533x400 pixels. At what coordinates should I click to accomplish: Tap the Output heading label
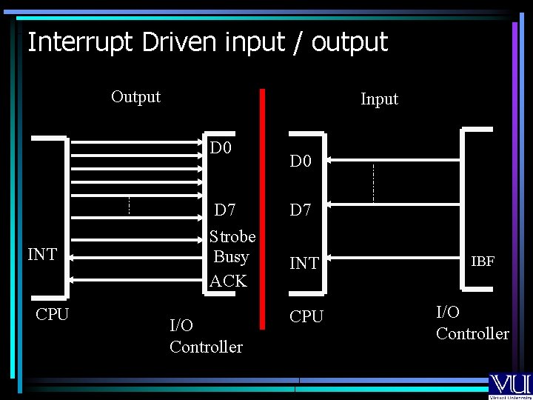(x=135, y=96)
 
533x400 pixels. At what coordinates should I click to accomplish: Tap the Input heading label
(x=379, y=99)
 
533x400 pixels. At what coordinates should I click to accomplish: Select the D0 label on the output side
(x=221, y=148)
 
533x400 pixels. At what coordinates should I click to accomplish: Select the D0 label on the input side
(x=301, y=161)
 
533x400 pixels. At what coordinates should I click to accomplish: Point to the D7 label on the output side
(x=224, y=210)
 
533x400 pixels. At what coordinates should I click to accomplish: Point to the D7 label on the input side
(x=301, y=210)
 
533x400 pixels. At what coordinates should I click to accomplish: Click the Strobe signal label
(x=232, y=236)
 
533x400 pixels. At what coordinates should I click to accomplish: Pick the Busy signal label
(x=230, y=257)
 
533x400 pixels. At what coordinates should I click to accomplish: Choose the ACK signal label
(x=228, y=281)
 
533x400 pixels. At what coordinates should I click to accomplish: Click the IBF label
(x=483, y=261)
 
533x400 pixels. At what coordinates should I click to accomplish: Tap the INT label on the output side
(x=41, y=255)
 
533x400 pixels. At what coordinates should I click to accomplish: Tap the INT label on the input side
(x=304, y=263)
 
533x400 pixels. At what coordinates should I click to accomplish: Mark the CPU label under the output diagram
(x=52, y=314)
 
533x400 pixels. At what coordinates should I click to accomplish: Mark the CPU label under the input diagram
(x=306, y=316)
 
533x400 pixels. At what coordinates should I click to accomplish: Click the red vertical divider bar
(x=261, y=207)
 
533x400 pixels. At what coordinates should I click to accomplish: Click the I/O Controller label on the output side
(x=206, y=336)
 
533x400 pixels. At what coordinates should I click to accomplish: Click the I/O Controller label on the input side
(x=472, y=323)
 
